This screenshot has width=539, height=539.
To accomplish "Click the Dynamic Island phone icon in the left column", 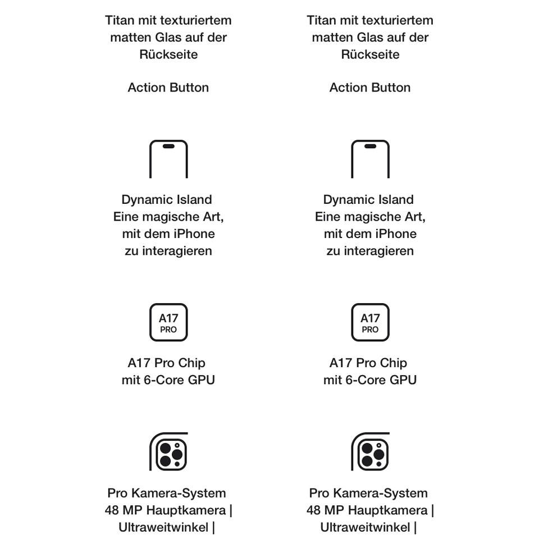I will point(168,159).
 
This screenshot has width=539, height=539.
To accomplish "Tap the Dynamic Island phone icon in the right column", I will point(370,159).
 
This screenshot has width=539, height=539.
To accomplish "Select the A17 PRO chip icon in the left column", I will point(168,322).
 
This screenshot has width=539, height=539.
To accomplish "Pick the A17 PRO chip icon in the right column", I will point(370,322).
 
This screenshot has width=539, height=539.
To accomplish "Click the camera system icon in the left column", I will point(168,451).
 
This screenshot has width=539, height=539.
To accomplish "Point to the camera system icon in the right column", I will point(370,451).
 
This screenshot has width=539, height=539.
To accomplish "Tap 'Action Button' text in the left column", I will point(168,88).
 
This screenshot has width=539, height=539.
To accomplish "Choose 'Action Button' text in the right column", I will point(370,88).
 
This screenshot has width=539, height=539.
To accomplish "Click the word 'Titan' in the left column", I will point(119,21).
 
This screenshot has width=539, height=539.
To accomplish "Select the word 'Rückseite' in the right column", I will point(370,54).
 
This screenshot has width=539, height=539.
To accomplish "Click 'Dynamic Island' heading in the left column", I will point(167,200).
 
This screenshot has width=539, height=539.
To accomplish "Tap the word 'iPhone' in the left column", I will point(192,234).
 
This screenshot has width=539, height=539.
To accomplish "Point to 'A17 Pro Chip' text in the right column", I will point(368,363).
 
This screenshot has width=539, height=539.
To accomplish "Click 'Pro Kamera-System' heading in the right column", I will point(368,494).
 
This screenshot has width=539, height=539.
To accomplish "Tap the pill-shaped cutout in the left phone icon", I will point(168,147).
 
